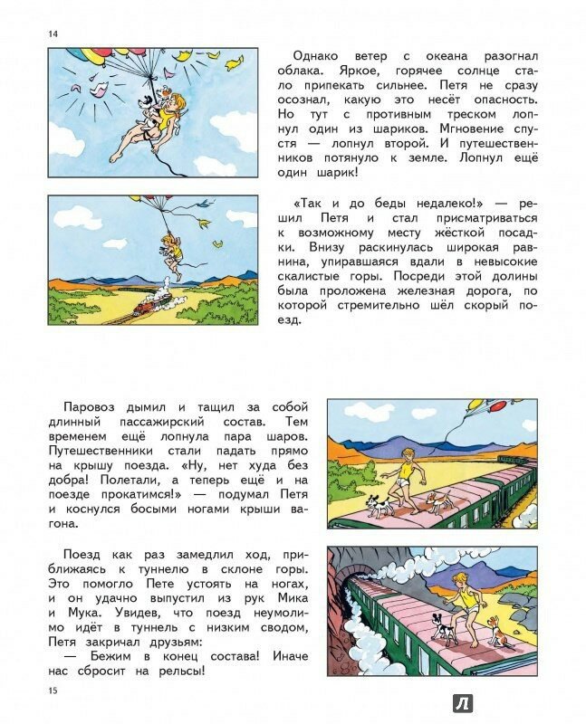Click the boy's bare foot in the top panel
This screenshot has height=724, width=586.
tap(115, 157)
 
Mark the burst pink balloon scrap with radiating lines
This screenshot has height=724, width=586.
tap(97, 88)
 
